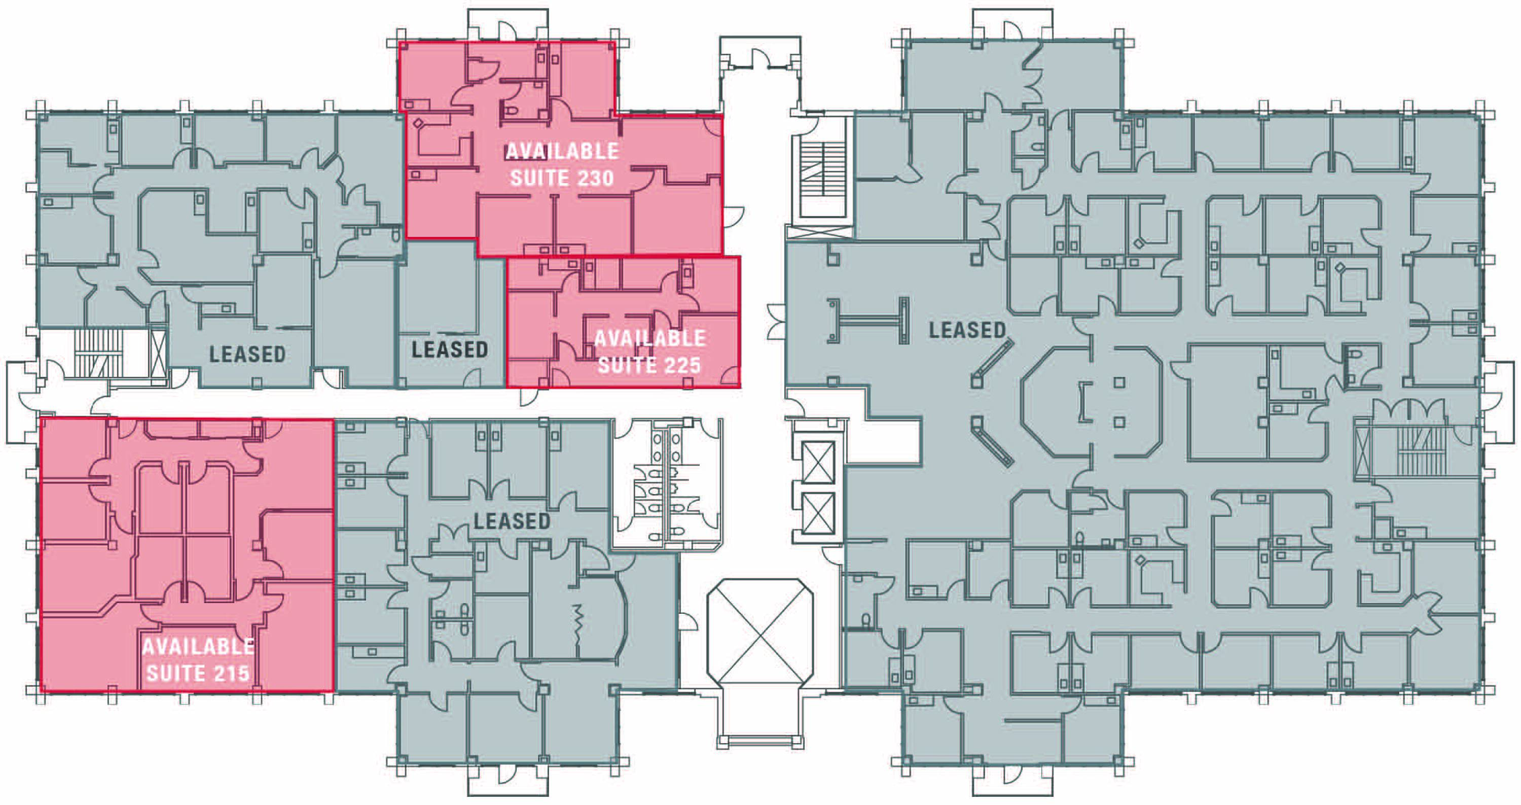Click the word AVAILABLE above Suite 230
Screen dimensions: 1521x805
pyautogui.click(x=562, y=151)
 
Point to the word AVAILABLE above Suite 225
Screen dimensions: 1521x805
pyautogui.click(x=649, y=338)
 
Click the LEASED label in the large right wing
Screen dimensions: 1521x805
pyautogui.click(x=967, y=330)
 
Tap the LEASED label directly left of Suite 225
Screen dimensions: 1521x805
pyautogui.click(x=450, y=349)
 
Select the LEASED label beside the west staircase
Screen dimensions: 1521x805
pyautogui.click(x=247, y=355)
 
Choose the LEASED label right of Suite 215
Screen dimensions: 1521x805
pyautogui.click(x=512, y=521)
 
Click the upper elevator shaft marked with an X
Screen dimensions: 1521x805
pyautogui.click(x=818, y=463)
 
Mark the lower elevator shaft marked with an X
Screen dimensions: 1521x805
pyautogui.click(x=818, y=514)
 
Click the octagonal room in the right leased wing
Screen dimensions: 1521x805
pyautogui.click(x=1093, y=402)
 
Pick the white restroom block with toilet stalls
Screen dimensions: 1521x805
pyautogui.click(x=667, y=484)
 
